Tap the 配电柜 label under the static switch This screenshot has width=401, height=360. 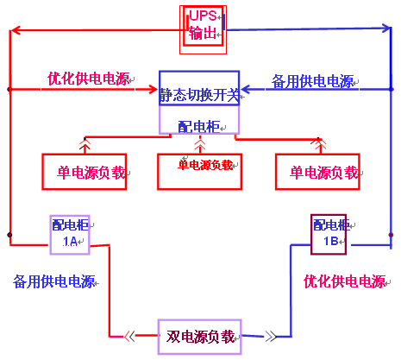click(199, 127)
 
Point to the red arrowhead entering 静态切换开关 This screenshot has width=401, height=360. click(154, 89)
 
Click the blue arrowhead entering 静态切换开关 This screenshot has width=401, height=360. click(246, 89)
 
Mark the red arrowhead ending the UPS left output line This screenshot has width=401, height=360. click(16, 30)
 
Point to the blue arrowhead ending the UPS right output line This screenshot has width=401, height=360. click(386, 28)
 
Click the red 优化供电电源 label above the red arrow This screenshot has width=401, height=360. click(89, 79)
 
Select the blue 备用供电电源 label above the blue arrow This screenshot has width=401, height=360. click(313, 81)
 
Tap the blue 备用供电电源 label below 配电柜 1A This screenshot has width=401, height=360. click(54, 281)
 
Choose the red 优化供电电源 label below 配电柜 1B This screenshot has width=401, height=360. click(345, 281)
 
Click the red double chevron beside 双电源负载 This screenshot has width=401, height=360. click(129, 336)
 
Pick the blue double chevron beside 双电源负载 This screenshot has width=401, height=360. click(271, 336)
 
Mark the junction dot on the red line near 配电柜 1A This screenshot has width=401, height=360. click(9, 235)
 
